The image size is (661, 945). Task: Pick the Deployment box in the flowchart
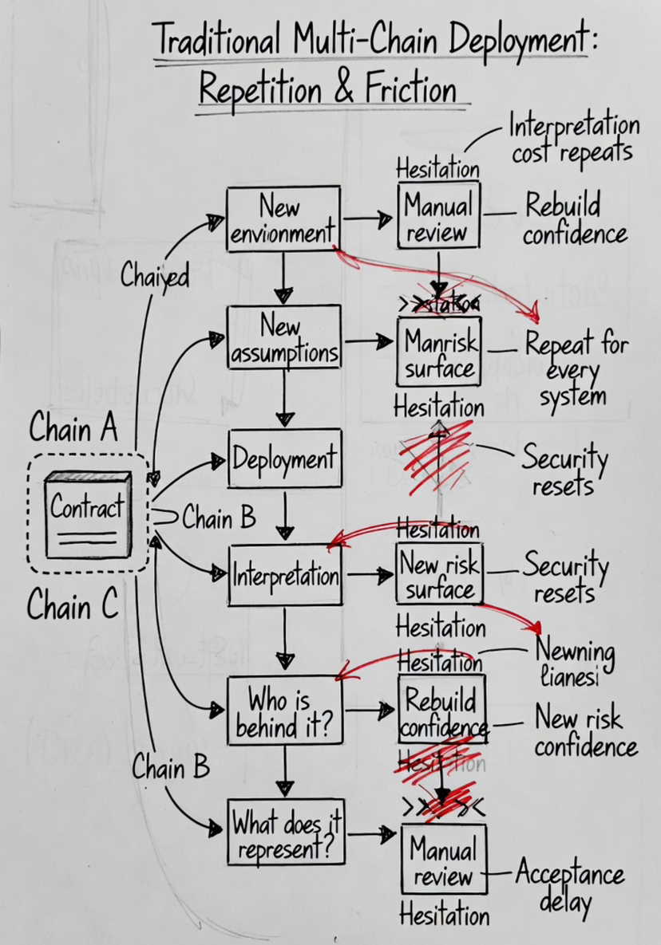click(x=284, y=459)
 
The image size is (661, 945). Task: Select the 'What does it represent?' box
click(x=286, y=833)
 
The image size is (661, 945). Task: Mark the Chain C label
click(x=73, y=606)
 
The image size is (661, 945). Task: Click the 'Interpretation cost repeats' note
click(x=574, y=139)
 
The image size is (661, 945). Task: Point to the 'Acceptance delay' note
click(x=569, y=886)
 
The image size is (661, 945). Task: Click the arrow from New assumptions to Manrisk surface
click(x=370, y=341)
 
